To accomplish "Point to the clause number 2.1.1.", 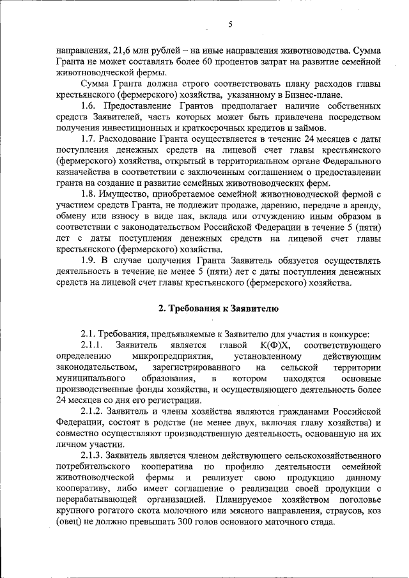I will pyautogui.click(x=95, y=345).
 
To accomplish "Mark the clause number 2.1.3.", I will pyautogui.click(x=95, y=457).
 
